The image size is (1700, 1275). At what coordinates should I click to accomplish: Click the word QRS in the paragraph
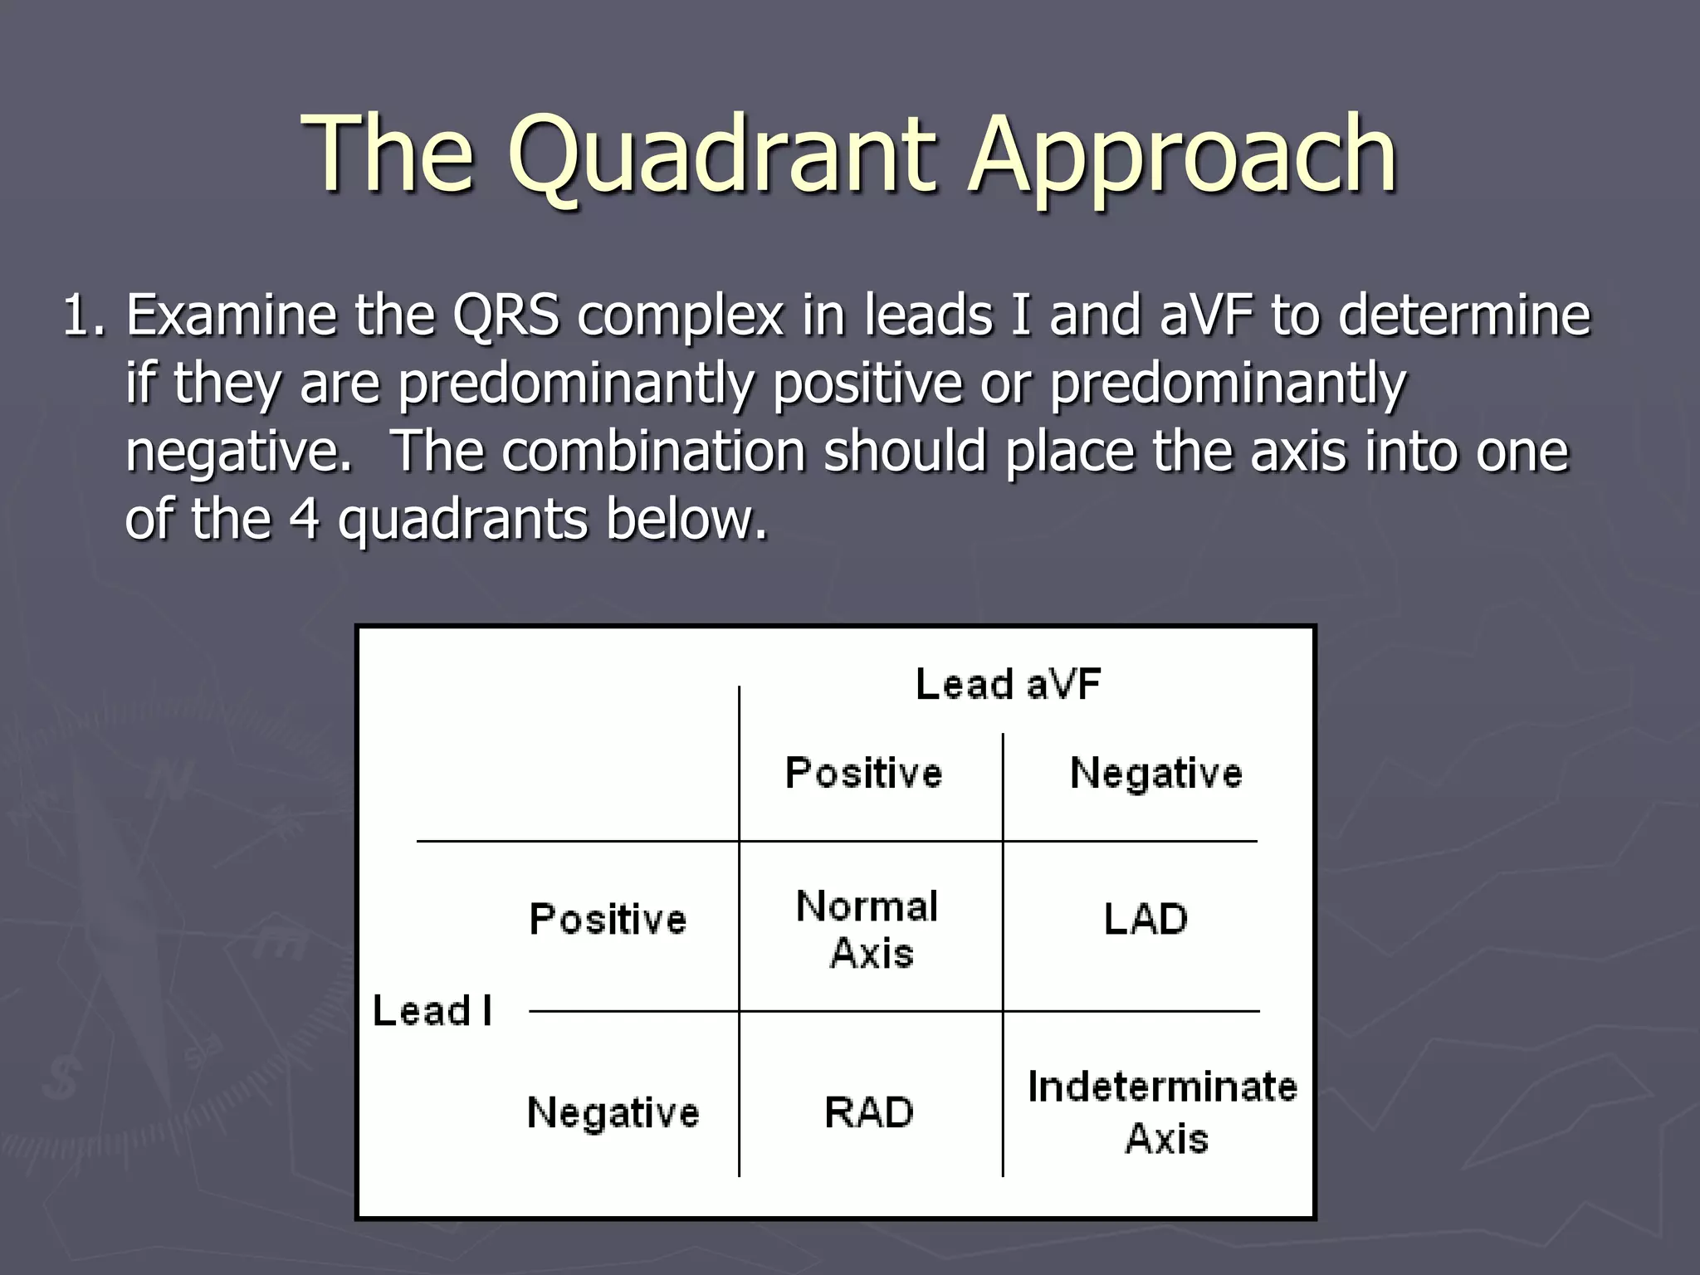(x=506, y=317)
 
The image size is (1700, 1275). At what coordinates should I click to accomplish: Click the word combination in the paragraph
(x=653, y=452)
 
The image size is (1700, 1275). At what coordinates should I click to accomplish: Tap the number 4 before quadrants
(x=305, y=520)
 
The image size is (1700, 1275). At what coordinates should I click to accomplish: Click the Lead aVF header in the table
(x=1008, y=685)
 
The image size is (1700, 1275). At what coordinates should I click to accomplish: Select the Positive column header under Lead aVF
(x=863, y=773)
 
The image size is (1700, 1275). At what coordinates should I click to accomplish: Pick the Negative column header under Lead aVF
(x=1155, y=773)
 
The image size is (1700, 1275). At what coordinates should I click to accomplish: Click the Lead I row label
(x=432, y=1011)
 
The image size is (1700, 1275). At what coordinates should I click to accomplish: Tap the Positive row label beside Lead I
(x=608, y=920)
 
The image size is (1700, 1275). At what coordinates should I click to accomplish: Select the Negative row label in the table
(x=613, y=1112)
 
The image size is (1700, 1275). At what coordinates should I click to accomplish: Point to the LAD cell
(x=1146, y=920)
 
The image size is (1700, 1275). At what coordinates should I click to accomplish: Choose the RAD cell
(x=868, y=1112)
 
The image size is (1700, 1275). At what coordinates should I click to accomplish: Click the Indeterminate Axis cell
(x=1162, y=1112)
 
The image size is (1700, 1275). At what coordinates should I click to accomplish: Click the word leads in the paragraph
(x=927, y=317)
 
